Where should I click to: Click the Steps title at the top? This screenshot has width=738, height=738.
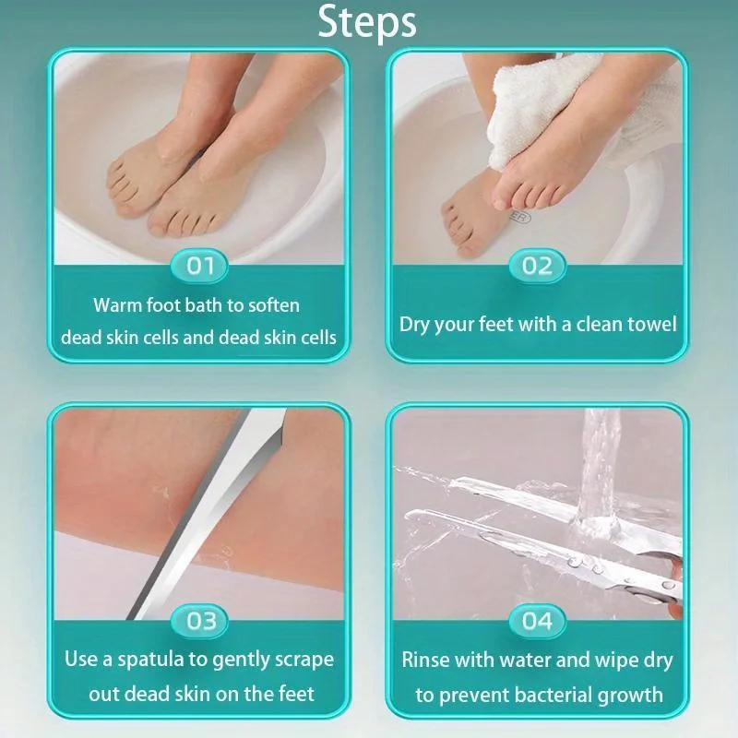[x=367, y=22]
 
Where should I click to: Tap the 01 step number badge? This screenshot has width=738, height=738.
[x=200, y=267]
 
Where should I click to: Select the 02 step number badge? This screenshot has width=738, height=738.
[x=537, y=267]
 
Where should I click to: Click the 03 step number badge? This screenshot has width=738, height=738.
[x=200, y=621]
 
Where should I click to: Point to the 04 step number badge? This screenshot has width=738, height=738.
[x=537, y=621]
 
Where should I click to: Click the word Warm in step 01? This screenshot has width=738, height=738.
[x=118, y=305]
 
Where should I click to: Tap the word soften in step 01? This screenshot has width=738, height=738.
[x=274, y=305]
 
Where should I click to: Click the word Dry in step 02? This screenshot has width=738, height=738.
[x=415, y=325]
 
